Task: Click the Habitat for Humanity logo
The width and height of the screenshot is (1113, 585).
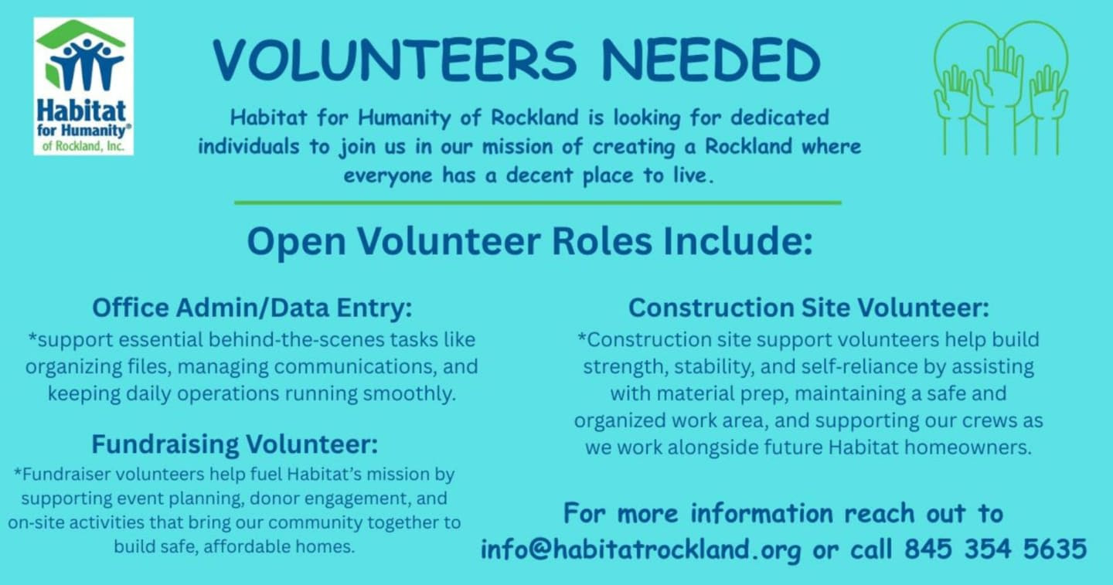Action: [x=83, y=87]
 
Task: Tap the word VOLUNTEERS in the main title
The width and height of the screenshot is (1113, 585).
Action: [x=394, y=60]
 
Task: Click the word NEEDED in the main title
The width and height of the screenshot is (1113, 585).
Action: [x=710, y=60]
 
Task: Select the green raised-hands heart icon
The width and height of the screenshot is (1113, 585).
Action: [x=1001, y=87]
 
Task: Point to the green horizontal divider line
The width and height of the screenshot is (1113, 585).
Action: [x=538, y=202]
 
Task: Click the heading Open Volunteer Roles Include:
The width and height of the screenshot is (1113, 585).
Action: [x=529, y=241]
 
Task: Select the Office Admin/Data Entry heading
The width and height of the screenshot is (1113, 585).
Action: [x=252, y=308]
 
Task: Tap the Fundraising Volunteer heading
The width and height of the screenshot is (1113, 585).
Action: [x=234, y=444]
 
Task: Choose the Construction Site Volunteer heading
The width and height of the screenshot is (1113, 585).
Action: [x=808, y=308]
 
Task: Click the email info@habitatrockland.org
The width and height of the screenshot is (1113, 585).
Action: [x=641, y=549]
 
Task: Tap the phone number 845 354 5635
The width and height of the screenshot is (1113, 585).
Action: [x=996, y=549]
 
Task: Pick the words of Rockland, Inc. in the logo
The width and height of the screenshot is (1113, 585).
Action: [x=83, y=146]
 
